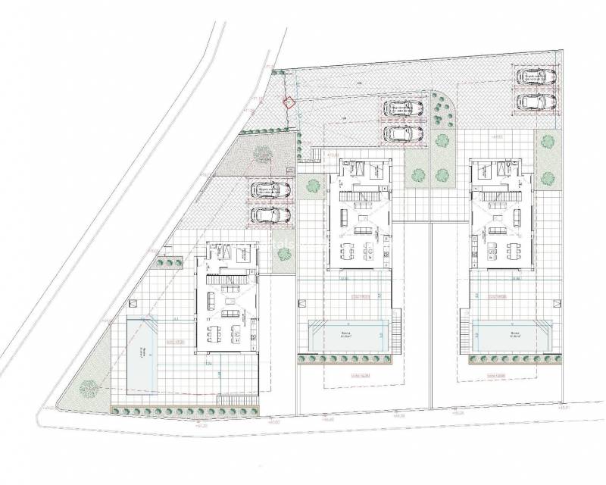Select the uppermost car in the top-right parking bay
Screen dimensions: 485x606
[536, 77]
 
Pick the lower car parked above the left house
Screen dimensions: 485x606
[270, 215]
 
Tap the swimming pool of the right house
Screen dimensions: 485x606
[511, 334]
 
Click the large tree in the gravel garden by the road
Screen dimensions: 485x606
[262, 154]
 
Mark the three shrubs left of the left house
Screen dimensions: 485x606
[170, 263]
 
